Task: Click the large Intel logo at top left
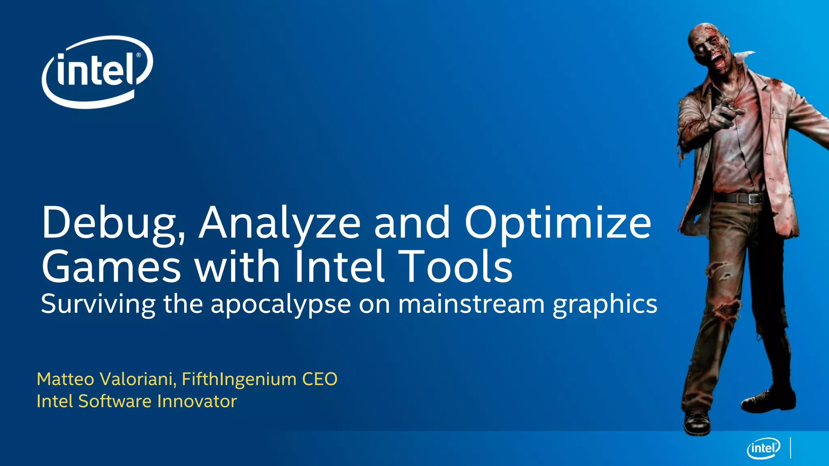(97, 72)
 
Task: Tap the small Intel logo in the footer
(763, 448)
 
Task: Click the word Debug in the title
(113, 224)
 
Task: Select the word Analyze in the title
(279, 224)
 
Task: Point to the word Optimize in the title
(558, 224)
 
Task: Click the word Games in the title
(111, 267)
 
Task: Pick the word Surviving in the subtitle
(98, 304)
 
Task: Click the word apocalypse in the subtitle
(281, 304)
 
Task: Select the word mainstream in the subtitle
(471, 304)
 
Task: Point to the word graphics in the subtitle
(605, 304)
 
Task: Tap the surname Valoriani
(138, 379)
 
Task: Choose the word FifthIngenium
(239, 379)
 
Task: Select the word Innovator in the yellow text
(197, 401)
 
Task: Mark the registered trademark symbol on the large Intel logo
(138, 55)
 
